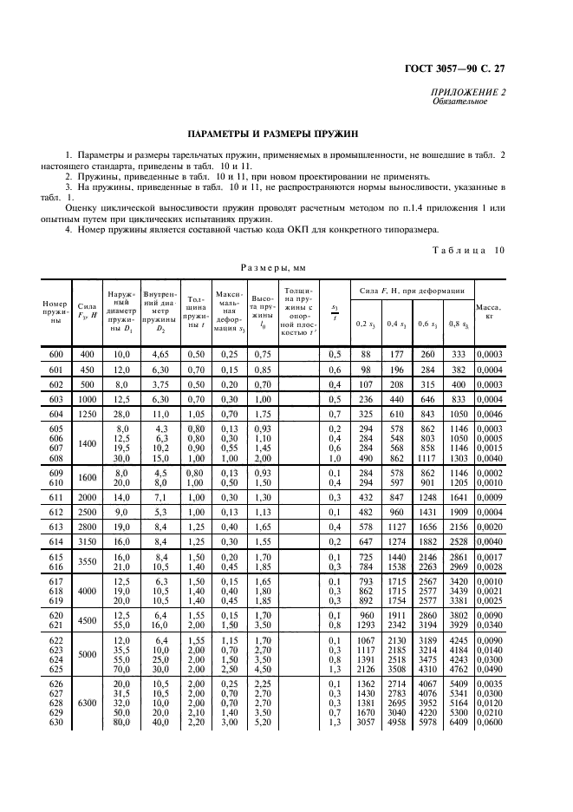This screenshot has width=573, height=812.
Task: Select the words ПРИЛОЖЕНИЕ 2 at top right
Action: pyautogui.click(x=467, y=92)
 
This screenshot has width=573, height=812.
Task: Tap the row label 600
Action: pyautogui.click(x=56, y=354)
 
